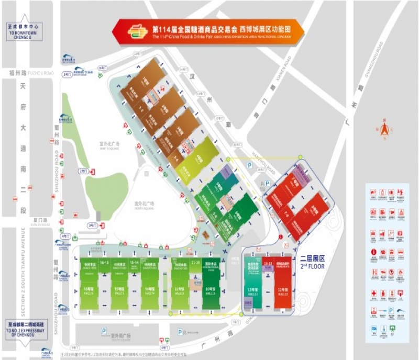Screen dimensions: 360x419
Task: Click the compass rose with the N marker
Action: point(384,129)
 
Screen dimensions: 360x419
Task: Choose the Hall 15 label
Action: point(119,290)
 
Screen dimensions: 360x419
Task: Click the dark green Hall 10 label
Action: point(210,290)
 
